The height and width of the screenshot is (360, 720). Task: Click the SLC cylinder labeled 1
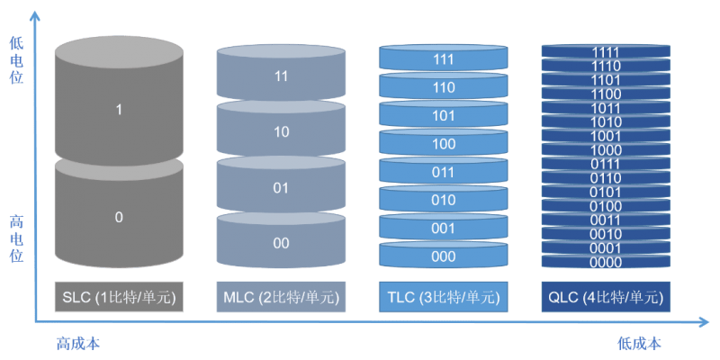119,109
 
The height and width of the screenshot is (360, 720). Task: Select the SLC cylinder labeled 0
119,217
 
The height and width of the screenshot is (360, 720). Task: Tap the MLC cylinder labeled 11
281,76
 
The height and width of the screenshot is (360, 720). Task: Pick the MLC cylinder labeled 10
281,131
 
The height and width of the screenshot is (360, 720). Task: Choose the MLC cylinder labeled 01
281,187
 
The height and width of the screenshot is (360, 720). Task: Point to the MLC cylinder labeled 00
281,243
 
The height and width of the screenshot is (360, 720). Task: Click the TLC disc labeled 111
443,58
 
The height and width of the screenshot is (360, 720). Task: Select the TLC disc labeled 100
443,143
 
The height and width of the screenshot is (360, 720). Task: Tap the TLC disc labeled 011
443,172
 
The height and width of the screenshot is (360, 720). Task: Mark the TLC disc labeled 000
443,256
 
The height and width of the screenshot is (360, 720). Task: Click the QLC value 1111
605,52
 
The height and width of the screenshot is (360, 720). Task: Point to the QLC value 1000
605,149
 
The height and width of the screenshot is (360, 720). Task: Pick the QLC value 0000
605,262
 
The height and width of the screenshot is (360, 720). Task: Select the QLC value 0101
605,192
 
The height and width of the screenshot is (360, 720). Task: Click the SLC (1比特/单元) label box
119,296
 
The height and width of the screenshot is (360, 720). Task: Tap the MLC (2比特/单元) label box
281,296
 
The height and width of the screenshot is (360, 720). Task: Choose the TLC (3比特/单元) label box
443,296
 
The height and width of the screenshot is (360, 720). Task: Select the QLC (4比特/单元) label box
605,296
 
